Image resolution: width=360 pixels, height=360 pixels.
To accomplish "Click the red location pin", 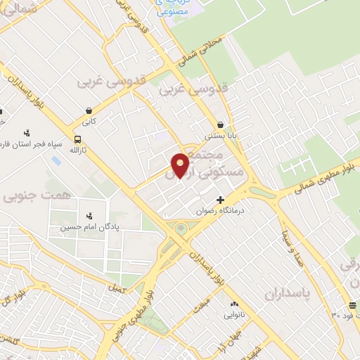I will pos(181,165).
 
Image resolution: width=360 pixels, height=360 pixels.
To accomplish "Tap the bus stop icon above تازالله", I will pos(77,139).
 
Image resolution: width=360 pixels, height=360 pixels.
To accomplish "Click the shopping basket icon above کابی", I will pos(89,111).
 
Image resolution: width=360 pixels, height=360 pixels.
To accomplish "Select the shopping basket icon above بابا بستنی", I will pos(221,124).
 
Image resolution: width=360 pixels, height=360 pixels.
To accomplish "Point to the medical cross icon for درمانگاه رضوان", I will pos(221,200).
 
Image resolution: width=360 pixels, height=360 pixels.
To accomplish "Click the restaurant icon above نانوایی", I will pos(234,303).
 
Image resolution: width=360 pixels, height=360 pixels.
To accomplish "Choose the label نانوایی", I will pos(234,314).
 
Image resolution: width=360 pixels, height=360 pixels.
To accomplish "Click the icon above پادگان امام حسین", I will pos(89,216).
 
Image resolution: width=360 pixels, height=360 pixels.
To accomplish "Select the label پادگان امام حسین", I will pos(84,227).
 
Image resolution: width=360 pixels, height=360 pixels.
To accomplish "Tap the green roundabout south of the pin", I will pos(181,229).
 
